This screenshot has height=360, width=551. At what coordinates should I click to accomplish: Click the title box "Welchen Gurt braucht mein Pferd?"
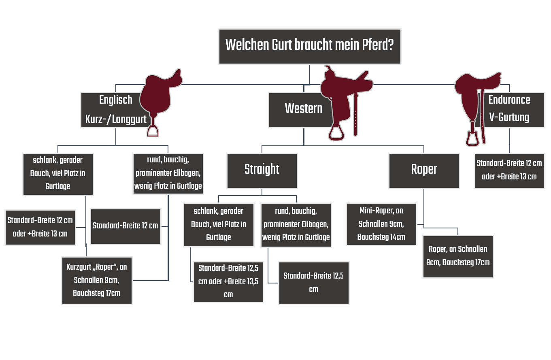[x=310, y=46]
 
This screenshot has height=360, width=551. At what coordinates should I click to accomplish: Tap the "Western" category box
[x=300, y=109]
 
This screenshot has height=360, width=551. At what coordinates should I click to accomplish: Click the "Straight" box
[x=262, y=170]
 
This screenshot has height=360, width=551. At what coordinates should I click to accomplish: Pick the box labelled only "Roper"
[x=424, y=170]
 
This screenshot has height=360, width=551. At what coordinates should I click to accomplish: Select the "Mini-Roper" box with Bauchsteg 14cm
[x=381, y=224]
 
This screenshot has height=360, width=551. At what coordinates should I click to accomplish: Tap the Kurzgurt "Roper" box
[x=97, y=280]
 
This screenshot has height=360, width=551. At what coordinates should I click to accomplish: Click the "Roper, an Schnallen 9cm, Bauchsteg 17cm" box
[x=458, y=256]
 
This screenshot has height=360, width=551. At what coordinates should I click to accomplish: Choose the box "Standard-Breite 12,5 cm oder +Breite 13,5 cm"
[x=228, y=282]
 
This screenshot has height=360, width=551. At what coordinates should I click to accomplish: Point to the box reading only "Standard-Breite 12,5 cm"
[x=314, y=283]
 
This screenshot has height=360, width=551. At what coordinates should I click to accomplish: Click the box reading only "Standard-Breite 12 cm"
[x=126, y=226]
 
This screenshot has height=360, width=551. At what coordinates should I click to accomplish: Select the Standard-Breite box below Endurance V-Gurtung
[x=509, y=170]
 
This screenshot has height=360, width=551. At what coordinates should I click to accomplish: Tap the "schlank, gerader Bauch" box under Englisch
[x=58, y=174]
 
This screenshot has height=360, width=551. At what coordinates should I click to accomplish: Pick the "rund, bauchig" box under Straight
[x=296, y=225]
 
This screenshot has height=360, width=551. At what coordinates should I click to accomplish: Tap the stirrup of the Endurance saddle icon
[x=472, y=138]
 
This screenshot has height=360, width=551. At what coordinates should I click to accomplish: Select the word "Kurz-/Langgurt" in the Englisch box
[x=116, y=119]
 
